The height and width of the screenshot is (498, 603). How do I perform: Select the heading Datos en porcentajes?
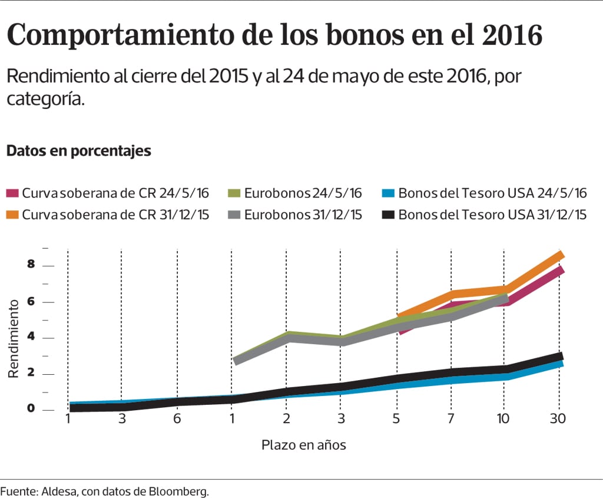click(78, 151)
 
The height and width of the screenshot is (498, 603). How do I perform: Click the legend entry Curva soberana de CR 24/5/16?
click(115, 193)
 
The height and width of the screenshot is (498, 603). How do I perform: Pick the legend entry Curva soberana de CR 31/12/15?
click(115, 215)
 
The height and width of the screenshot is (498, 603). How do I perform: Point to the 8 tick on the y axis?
click(31, 265)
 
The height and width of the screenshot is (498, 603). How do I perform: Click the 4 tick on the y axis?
click(31, 338)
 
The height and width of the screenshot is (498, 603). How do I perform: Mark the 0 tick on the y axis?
click(31, 410)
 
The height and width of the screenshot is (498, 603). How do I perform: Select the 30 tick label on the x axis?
click(558, 419)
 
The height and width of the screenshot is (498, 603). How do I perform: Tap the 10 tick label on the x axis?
click(504, 419)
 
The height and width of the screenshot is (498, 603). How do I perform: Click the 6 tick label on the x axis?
click(177, 419)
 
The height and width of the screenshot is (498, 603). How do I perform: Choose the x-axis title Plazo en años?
click(303, 445)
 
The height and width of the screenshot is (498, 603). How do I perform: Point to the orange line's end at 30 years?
click(561, 255)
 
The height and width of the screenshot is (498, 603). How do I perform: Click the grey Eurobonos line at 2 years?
click(286, 338)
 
